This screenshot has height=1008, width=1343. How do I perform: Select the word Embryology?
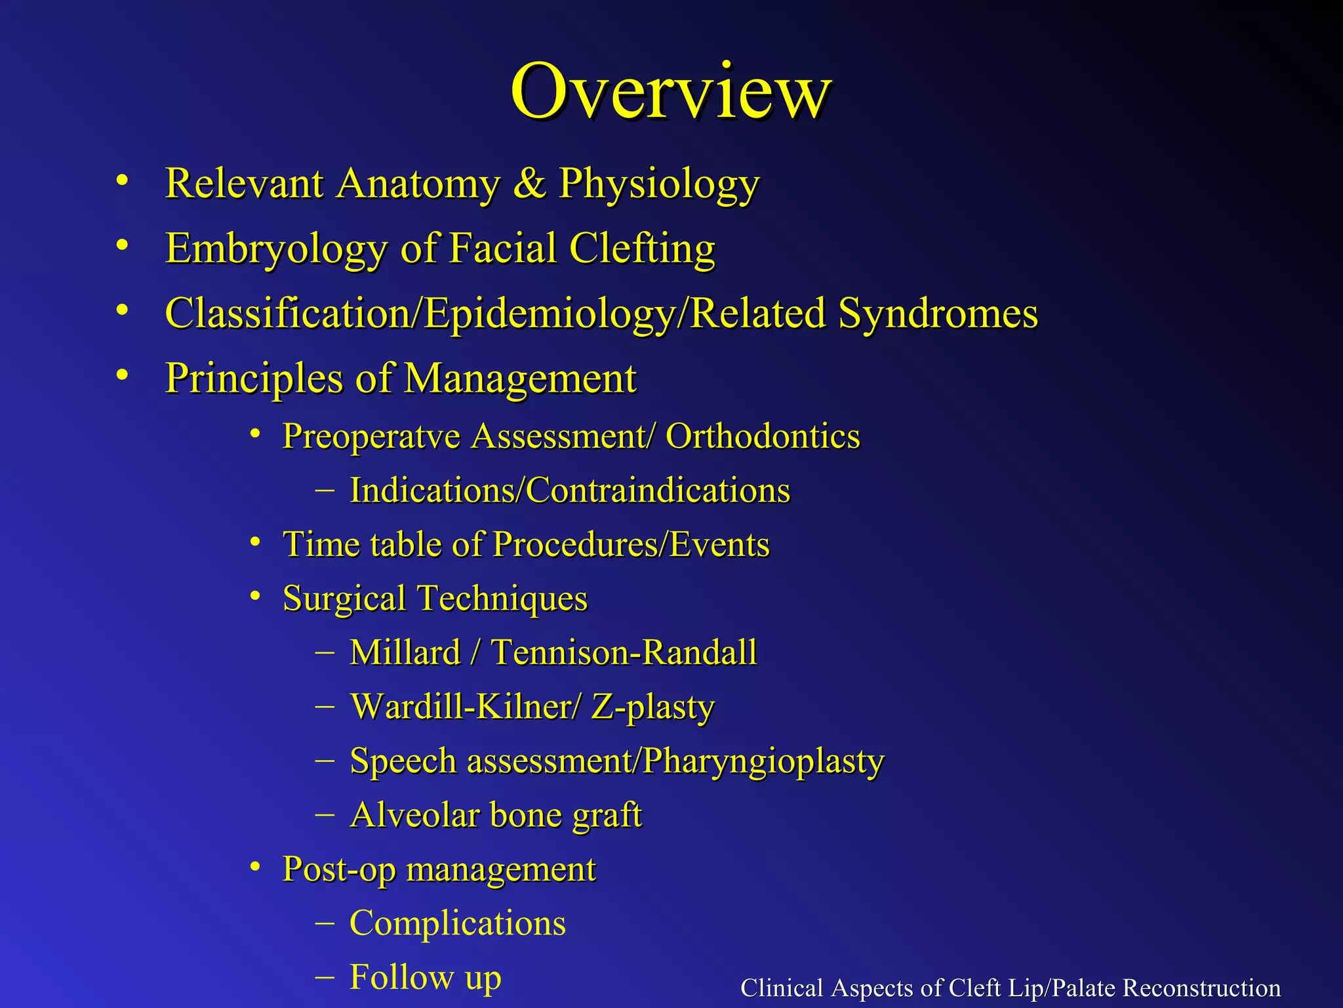(x=276, y=249)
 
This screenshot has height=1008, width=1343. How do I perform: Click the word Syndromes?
(x=938, y=313)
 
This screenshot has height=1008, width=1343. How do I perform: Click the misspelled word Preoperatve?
(x=371, y=436)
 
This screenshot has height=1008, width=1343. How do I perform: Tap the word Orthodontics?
(x=762, y=436)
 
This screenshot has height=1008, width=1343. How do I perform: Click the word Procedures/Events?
(x=631, y=545)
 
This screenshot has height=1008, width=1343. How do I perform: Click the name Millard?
(x=405, y=652)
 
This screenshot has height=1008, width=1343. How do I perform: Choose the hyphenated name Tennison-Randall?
(x=624, y=652)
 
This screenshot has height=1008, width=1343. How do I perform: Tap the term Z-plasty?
(x=652, y=707)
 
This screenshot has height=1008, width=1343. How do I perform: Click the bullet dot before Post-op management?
(x=256, y=866)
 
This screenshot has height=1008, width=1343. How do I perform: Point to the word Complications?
(x=457, y=923)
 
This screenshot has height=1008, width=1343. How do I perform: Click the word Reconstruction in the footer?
(x=1201, y=988)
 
